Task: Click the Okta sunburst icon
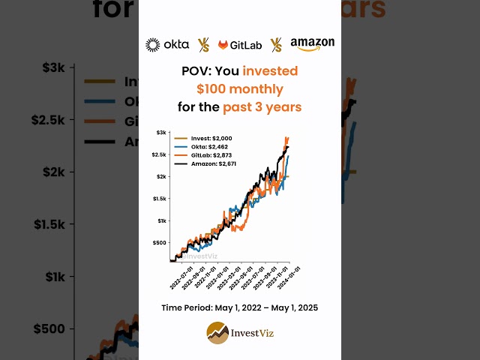click(152, 45)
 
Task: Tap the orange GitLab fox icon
click(223, 45)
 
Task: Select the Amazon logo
click(312, 44)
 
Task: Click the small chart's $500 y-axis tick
click(158, 243)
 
